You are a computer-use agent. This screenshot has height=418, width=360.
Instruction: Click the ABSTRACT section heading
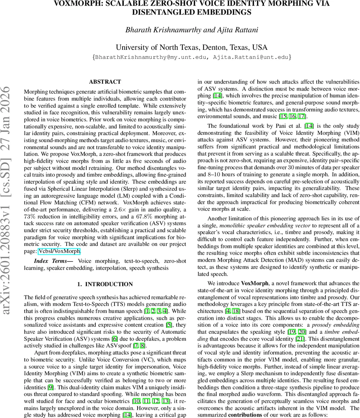[x=105, y=82]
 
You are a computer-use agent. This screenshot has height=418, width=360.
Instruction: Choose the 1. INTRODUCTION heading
[x=105, y=284]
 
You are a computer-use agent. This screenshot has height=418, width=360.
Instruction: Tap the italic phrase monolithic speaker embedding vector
[x=260, y=225]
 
